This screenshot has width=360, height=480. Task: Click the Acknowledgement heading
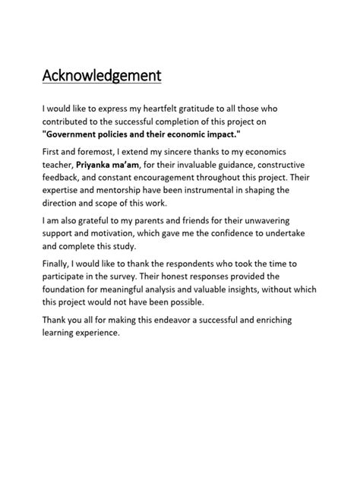click(x=102, y=76)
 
